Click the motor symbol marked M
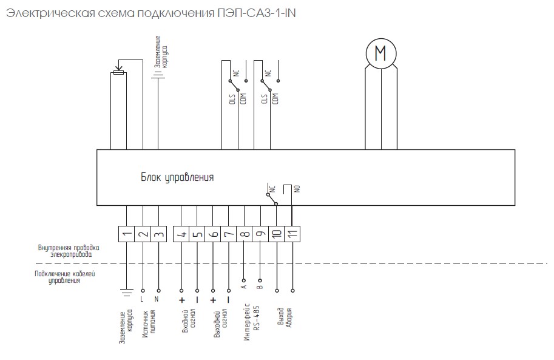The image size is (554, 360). click(x=381, y=53)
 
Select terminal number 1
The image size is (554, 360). click(x=126, y=234)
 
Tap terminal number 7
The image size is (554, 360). click(x=229, y=234)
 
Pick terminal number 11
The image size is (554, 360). click(x=292, y=234)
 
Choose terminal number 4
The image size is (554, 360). click(x=181, y=234)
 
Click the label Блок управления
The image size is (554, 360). click(x=177, y=177)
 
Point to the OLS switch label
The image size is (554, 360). click(x=232, y=99)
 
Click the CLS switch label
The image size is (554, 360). click(x=264, y=99)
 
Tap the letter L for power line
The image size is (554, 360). click(x=142, y=299)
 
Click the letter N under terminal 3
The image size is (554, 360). click(x=157, y=299)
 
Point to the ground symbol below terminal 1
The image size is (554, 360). click(x=126, y=293)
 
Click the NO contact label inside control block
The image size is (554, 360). click(x=297, y=189)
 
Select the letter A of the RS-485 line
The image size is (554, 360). click(x=244, y=287)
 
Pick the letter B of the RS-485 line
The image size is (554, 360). click(x=260, y=287)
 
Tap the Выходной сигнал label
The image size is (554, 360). click(x=220, y=323)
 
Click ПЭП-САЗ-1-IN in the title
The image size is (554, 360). click(x=257, y=13)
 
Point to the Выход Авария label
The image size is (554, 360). click(x=285, y=318)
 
